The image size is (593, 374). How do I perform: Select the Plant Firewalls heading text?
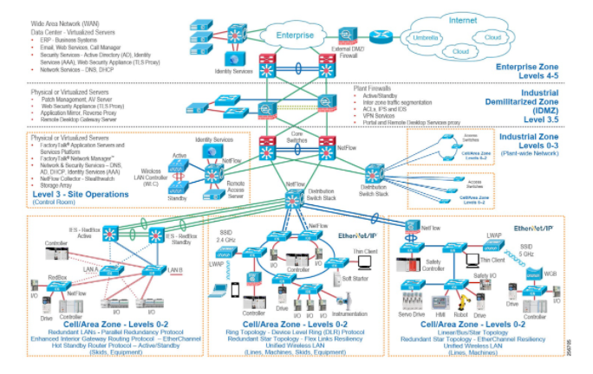tap(373, 88)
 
